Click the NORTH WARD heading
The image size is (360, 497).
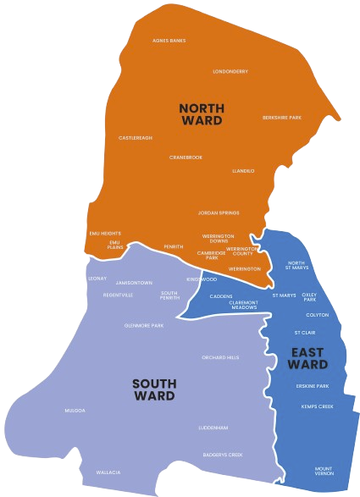pyautogui.click(x=201, y=114)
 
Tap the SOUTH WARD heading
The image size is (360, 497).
pyautogui.click(x=154, y=389)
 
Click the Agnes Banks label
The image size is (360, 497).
pyautogui.click(x=169, y=40)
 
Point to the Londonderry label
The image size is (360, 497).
pyautogui.click(x=230, y=71)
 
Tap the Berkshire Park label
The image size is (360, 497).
pyautogui.click(x=282, y=117)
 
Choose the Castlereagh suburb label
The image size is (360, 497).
pyautogui.click(x=136, y=137)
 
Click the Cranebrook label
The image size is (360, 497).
pyautogui.click(x=186, y=157)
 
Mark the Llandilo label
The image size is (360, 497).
pyautogui.click(x=243, y=170)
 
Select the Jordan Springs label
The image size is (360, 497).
pyautogui.click(x=219, y=212)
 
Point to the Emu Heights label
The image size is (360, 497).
pyautogui.click(x=105, y=233)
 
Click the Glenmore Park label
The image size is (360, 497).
pyautogui.click(x=143, y=324)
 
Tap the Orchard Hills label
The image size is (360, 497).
pyautogui.click(x=220, y=357)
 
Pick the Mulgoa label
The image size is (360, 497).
pyautogui.click(x=75, y=410)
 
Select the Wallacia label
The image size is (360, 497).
pyautogui.click(x=108, y=472)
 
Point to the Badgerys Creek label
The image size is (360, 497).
pyautogui.click(x=223, y=455)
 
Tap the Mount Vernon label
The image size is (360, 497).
pyautogui.click(x=324, y=470)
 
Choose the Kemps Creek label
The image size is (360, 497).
pyautogui.click(x=317, y=406)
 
